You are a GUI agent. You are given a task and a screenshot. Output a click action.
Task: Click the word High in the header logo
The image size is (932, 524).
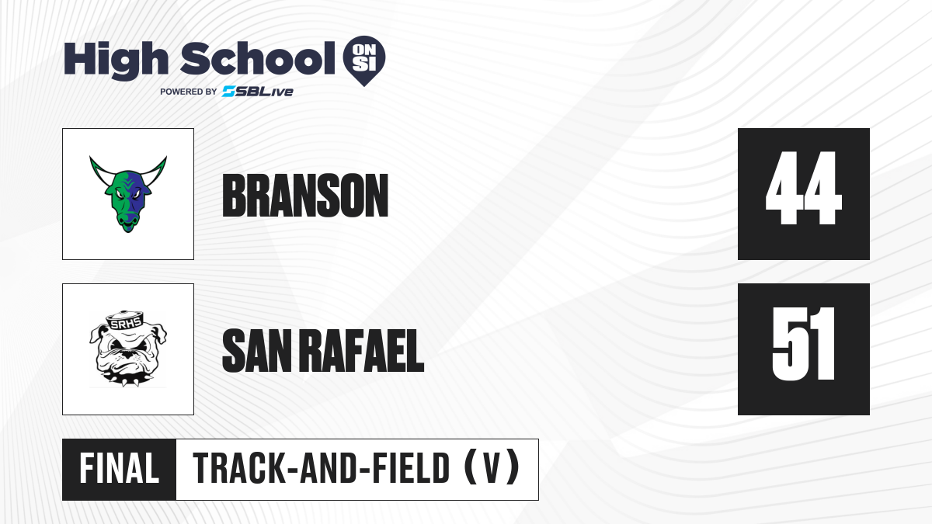[116, 61]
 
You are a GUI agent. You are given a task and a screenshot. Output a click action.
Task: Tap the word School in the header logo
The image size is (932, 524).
[258, 58]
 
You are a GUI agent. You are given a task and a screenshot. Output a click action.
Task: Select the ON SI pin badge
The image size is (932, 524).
[364, 61]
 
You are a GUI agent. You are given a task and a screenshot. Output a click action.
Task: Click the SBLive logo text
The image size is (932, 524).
[258, 92]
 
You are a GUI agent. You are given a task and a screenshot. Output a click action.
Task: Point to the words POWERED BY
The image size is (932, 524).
[188, 92]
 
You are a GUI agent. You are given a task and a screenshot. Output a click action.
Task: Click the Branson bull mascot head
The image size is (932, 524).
[128, 194]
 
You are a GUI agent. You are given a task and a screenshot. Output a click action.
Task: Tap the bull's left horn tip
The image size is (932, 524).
[91, 158]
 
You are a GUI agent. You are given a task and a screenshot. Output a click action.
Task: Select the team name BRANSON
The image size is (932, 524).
[305, 196]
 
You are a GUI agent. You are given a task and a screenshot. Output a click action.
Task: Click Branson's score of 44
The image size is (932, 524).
[803, 188]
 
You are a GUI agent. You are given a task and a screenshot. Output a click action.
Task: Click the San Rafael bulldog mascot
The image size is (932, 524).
[127, 349]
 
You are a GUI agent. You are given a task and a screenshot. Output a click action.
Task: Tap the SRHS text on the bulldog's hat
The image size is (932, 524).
[125, 323]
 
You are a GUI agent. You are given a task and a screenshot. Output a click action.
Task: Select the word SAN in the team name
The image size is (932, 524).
[257, 351]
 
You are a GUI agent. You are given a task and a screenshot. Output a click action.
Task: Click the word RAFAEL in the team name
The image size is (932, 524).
[362, 351]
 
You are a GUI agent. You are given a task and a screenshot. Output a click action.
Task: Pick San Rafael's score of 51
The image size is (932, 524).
[803, 343]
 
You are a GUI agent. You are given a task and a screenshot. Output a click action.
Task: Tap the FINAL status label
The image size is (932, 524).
[120, 469]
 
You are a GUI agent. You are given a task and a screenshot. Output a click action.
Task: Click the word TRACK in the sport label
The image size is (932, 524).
[238, 468]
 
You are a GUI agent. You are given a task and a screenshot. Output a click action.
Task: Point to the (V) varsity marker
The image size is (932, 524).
[492, 468]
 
